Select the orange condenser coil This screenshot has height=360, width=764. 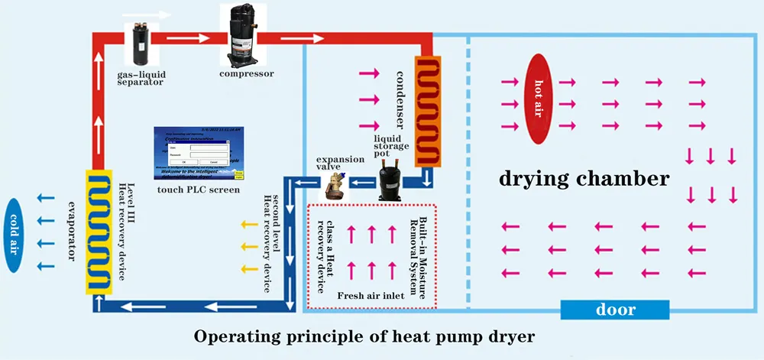pos(429,112)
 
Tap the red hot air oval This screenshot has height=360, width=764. pos(538,99)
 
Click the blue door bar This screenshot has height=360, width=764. pos(615,310)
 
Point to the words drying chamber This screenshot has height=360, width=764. pos(584,180)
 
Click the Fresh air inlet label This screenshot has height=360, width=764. pos(370,293)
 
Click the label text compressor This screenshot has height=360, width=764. pos(246,74)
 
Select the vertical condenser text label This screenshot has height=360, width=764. pos(400,99)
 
